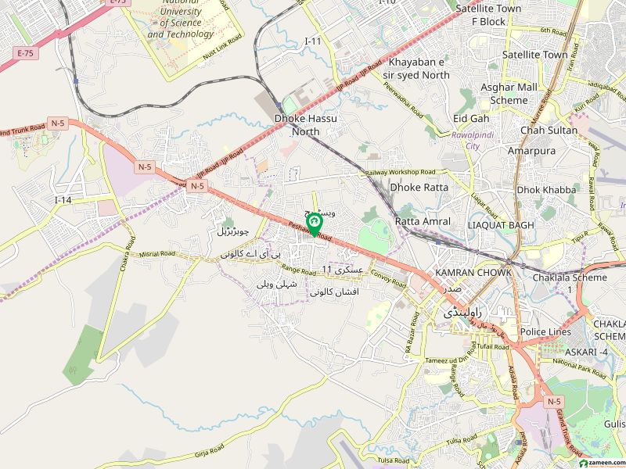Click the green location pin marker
(315, 225)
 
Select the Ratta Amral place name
(423, 221)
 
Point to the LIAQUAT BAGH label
(500, 225)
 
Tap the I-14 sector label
(63, 201)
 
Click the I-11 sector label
(313, 41)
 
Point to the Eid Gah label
(471, 118)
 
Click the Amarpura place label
(531, 151)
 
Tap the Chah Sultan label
(548, 131)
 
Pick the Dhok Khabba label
(546, 190)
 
